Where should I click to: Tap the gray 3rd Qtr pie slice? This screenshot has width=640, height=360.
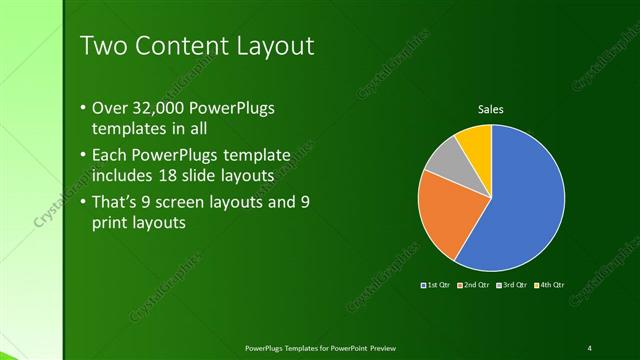coord(443,158)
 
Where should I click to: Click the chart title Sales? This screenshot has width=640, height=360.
coord(490,109)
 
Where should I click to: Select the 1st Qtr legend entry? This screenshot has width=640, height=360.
coord(438,286)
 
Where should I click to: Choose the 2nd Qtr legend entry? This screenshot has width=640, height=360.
coord(473,286)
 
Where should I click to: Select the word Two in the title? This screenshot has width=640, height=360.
coord(102,46)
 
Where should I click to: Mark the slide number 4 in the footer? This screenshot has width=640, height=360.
coord(590,347)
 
